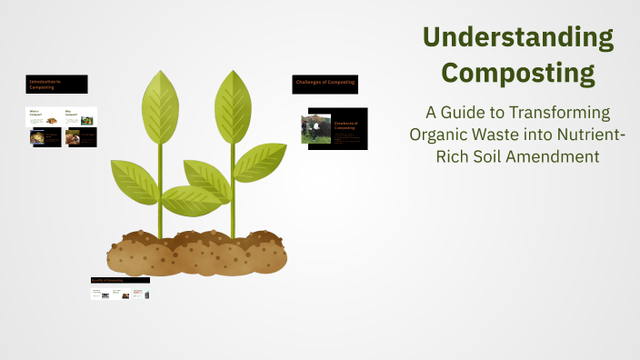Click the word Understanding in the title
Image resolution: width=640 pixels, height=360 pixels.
pyautogui.click(x=517, y=37)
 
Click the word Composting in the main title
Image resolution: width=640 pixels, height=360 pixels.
pyautogui.click(x=517, y=71)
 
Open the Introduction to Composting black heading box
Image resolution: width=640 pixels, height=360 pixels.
pyautogui.click(x=56, y=85)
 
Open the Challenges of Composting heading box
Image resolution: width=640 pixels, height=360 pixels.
pyautogui.click(x=325, y=84)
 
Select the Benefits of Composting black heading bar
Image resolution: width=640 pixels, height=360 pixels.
pyautogui.click(x=120, y=280)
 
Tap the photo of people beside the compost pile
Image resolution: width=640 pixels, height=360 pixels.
pyautogui.click(x=316, y=128)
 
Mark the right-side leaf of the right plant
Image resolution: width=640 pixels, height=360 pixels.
pyautogui.click(x=261, y=161)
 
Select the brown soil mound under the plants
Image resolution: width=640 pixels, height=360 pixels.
pyautogui.click(x=195, y=253)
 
